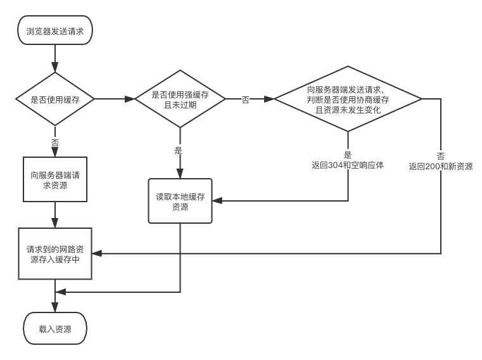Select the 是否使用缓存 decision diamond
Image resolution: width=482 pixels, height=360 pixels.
point(55,100)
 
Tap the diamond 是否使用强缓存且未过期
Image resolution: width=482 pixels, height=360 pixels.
point(180,100)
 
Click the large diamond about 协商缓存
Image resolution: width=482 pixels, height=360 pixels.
point(348,100)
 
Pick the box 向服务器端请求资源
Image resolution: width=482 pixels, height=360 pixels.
point(55,180)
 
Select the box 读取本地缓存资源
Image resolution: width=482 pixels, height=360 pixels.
point(180,201)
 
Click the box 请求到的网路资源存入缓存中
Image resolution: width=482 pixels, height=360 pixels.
point(55,254)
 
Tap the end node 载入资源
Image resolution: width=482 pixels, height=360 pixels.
point(55,329)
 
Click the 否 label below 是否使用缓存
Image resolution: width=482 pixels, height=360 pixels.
point(55,143)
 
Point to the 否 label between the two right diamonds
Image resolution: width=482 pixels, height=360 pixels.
point(246,100)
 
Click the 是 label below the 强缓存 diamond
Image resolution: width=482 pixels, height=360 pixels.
point(178,150)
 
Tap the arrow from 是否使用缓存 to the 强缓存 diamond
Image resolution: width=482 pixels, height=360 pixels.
point(114,100)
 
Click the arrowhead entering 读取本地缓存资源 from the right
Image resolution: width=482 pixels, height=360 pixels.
point(217,201)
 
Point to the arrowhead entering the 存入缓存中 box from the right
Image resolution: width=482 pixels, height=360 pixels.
point(97,254)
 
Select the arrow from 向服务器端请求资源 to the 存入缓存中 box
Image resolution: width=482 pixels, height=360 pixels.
point(55,215)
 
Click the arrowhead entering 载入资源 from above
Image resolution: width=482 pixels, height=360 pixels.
point(55,307)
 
